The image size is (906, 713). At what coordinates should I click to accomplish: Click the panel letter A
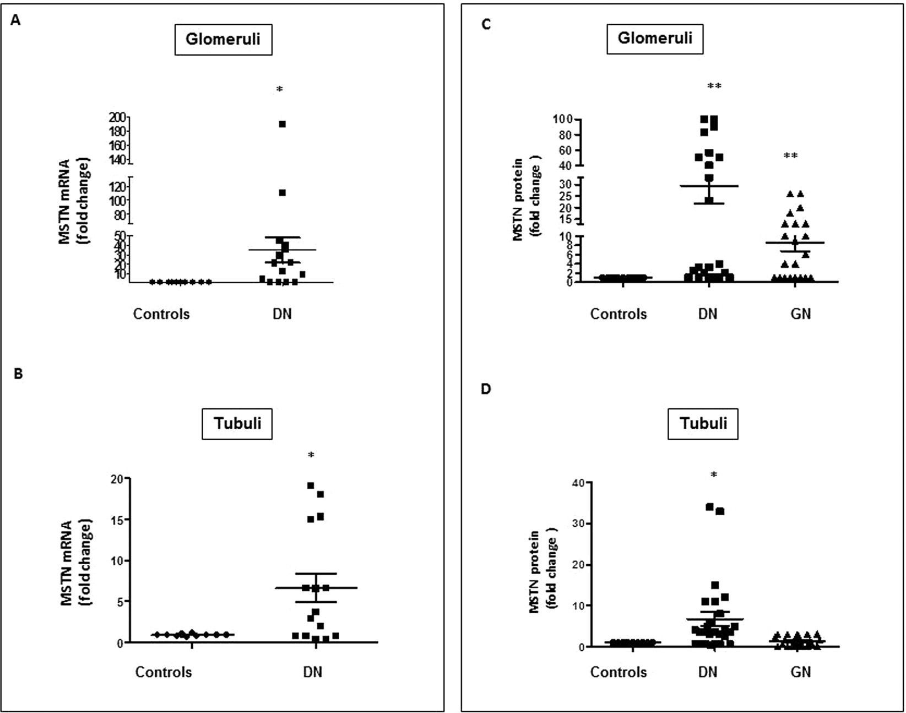(15, 21)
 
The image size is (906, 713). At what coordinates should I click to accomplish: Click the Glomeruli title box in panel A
(223, 39)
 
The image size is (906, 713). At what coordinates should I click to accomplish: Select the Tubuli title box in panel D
(703, 423)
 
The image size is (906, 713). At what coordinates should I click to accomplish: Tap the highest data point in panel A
(282, 124)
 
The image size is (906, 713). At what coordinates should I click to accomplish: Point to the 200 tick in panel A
(120, 117)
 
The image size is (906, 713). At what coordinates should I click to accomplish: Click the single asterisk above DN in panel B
(311, 455)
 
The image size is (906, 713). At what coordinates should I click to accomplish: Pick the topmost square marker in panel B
(311, 485)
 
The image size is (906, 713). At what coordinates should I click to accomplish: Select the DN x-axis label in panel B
(312, 672)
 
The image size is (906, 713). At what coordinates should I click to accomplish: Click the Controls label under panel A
(161, 314)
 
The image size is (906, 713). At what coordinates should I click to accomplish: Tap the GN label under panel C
(800, 314)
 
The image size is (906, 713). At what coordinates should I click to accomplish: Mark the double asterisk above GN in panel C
(790, 156)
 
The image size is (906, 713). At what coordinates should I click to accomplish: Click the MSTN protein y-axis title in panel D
(541, 572)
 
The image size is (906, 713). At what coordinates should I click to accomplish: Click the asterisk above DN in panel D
(714, 474)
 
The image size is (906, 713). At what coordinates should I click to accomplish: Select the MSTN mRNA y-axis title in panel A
(73, 202)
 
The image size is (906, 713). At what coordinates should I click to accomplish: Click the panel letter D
(486, 389)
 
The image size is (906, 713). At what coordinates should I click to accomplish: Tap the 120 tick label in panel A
(117, 186)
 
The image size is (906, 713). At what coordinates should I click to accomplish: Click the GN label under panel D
(800, 672)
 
